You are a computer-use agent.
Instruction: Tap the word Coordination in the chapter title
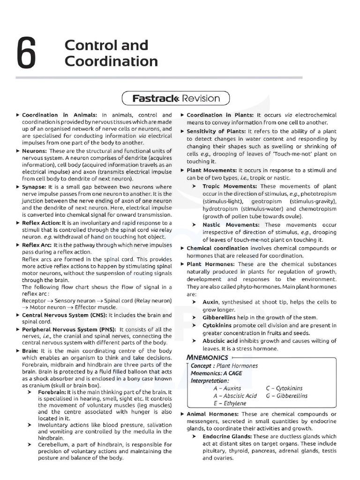(x=111, y=61)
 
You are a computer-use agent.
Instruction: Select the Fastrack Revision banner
(x=176, y=98)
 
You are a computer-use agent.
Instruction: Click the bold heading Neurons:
(x=34, y=151)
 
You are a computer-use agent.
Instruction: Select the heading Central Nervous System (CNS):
(x=64, y=315)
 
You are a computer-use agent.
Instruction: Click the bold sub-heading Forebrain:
(x=52, y=392)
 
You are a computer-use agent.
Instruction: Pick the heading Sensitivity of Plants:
(x=216, y=131)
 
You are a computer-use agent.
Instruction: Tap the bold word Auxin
(x=210, y=302)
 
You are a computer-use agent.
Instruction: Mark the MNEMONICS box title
(x=207, y=358)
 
